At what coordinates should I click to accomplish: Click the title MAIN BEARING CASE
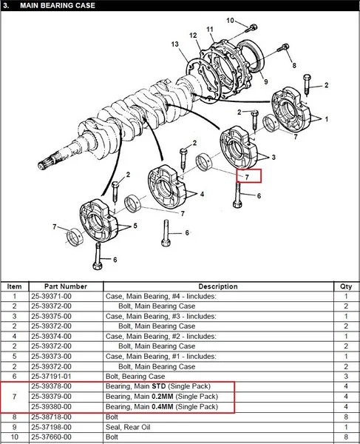pos(58,5)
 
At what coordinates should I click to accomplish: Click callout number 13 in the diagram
pos(174,44)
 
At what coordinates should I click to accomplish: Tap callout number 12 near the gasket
pos(193,36)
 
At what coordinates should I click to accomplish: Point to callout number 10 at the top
pos(230,21)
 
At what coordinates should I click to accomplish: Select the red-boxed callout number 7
pos(247,178)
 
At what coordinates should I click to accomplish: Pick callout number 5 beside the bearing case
pos(135,226)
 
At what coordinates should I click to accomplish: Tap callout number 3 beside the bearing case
pos(274,157)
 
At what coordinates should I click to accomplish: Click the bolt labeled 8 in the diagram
pos(283,47)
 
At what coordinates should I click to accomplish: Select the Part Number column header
pos(66,286)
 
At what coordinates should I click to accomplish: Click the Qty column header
pos(346,286)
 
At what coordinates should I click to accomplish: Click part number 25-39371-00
pos(51,296)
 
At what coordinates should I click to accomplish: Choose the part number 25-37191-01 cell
pos(51,377)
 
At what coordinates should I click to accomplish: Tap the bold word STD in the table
pos(159,386)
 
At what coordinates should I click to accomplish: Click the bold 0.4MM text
pos(163,406)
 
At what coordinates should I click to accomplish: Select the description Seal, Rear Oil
pos(128,427)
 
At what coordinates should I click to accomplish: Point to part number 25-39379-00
pos(51,397)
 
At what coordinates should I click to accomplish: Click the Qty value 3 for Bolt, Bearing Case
pos(346,377)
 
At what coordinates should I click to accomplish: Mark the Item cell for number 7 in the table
pos(15,397)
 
